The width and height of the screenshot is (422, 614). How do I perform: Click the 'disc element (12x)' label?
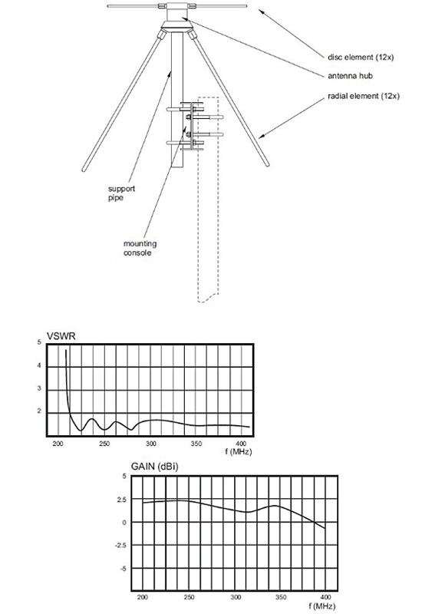point(361,57)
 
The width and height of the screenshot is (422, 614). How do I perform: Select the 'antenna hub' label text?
point(350,75)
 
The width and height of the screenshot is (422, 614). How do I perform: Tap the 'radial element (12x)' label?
point(364,96)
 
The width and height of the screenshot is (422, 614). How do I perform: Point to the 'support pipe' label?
point(122,193)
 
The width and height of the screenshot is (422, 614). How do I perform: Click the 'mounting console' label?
point(140,248)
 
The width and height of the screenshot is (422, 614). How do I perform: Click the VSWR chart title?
point(61,336)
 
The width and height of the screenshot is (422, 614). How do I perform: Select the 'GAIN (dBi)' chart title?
point(154,467)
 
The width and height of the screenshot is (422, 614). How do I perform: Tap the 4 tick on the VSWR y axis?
point(39,366)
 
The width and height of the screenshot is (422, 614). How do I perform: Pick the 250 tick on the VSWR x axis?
point(104,444)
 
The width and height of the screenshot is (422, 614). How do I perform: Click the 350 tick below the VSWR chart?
point(196,444)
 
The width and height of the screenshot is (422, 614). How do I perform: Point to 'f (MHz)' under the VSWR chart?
point(239,451)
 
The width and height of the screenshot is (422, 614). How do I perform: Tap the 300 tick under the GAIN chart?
point(236,598)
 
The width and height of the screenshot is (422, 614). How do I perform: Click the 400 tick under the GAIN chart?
point(325,598)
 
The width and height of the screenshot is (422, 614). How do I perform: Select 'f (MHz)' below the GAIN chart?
point(322,606)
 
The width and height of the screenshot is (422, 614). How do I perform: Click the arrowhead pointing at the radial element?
point(262,137)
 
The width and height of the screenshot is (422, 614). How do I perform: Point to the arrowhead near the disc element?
point(262,11)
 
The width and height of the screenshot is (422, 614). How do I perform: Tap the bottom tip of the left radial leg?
point(84,170)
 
